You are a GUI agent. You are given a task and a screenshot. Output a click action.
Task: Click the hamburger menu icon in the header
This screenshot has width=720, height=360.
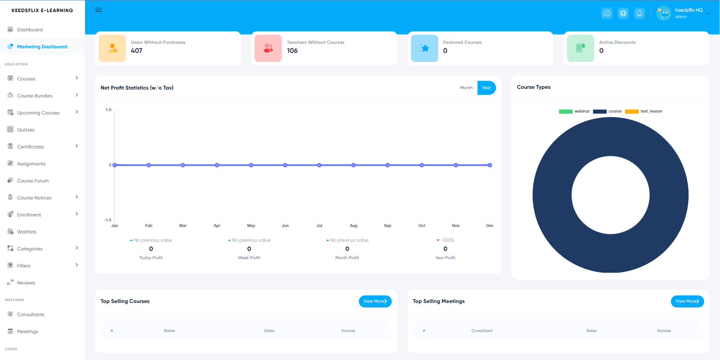pos(99,10)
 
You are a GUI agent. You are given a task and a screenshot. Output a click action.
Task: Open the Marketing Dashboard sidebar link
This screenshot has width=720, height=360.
pos(42,47)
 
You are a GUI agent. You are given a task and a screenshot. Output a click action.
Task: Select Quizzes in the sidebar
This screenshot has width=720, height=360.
pos(26,130)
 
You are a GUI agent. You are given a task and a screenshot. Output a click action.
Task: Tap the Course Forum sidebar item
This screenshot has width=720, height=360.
pos(33,181)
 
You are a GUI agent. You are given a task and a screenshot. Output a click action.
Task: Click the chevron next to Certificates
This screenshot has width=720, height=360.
pos(77,146)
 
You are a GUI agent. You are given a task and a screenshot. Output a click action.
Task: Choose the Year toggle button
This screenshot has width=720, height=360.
pos(486,88)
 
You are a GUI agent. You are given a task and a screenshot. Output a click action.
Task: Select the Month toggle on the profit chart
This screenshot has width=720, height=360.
pos(466,88)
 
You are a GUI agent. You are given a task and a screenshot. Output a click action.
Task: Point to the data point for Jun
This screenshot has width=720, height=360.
pos(285,165)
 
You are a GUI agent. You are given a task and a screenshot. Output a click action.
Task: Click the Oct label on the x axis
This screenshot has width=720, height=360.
pos(422,226)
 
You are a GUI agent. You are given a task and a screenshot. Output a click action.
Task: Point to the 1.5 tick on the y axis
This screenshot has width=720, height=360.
pos(108,110)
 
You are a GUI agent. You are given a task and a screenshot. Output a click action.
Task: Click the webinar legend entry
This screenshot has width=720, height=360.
pos(574,111)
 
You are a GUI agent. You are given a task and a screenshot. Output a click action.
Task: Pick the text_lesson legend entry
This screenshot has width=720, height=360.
pos(644,111)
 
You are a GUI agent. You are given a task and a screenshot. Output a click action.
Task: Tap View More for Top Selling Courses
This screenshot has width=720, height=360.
pos(375,301)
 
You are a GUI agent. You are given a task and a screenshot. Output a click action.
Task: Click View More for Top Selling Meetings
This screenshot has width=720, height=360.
pos(687,301)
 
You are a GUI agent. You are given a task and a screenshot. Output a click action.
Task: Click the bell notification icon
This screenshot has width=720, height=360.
pos(640,14)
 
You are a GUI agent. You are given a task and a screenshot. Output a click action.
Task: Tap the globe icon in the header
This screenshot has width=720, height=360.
pos(623,14)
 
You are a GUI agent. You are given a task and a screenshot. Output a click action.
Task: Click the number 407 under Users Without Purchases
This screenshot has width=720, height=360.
pos(137,51)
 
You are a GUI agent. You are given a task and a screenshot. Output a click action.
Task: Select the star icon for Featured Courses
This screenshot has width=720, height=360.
pos(425,48)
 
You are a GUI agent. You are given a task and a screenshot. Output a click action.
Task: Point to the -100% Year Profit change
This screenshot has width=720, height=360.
pos(446,240)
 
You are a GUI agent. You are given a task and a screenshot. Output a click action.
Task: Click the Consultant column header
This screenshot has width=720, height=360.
pos(482,331)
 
